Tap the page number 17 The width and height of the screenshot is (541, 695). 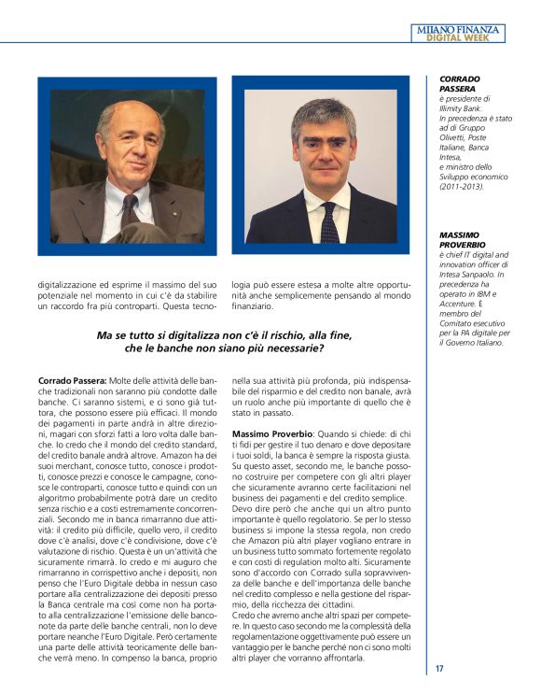[x=439, y=668]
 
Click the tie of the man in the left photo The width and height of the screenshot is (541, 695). [x=129, y=209]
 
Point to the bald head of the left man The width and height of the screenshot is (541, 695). [x=131, y=111]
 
